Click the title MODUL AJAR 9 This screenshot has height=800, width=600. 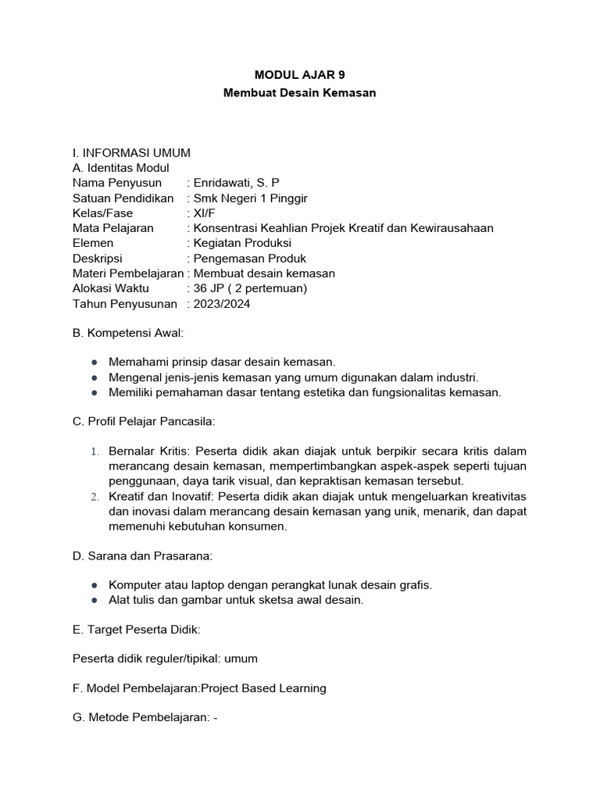(x=299, y=75)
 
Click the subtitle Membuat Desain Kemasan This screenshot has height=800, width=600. (x=299, y=93)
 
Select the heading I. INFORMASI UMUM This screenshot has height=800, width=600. (x=130, y=152)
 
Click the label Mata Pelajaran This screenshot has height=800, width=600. (x=113, y=228)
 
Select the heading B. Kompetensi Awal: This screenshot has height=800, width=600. (x=128, y=334)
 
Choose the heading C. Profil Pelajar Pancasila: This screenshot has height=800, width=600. (x=143, y=422)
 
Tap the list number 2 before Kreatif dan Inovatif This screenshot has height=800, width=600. (x=94, y=497)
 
